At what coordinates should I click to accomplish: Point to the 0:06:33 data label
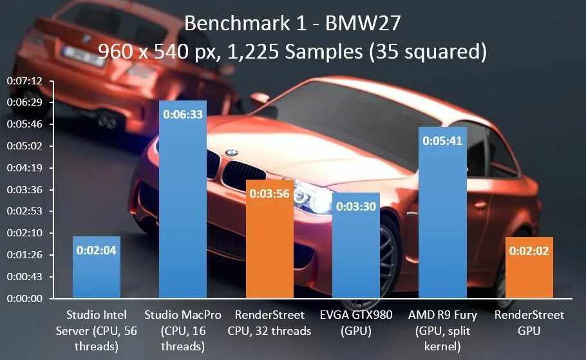(183, 115)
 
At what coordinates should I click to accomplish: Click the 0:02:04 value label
(97, 251)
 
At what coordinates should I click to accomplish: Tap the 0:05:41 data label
(442, 141)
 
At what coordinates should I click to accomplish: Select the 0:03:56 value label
(270, 193)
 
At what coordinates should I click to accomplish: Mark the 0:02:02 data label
(529, 251)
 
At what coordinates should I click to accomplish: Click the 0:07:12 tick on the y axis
(24, 81)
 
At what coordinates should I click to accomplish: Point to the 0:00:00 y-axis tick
(24, 299)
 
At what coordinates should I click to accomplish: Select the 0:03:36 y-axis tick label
(24, 190)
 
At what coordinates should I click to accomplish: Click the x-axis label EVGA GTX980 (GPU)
(356, 323)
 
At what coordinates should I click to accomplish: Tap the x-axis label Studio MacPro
(183, 315)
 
